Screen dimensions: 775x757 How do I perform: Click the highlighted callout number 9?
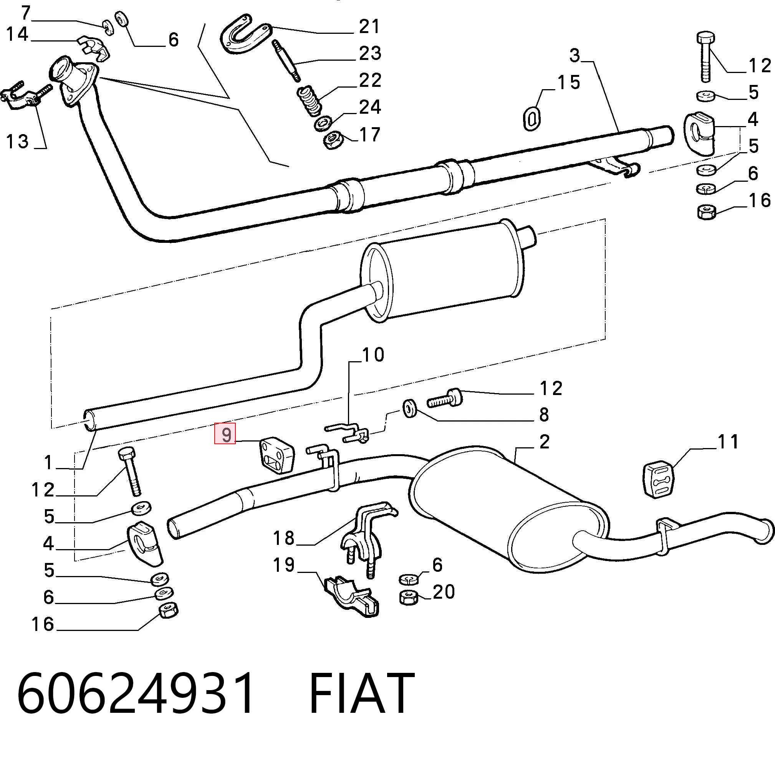pos(225,434)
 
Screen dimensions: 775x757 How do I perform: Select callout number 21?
pos(369,27)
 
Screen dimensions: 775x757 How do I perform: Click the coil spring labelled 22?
pos(310,101)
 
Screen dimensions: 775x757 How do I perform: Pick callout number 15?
pos(569,82)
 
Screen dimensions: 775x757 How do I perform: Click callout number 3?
pos(575,56)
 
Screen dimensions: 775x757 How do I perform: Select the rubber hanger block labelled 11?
pos(658,480)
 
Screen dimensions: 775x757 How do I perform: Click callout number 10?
pos(373,355)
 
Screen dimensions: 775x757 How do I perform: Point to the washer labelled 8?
pos(409,409)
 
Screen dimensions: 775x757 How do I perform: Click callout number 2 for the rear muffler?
pos(544,442)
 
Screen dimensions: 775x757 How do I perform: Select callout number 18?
pos(283,539)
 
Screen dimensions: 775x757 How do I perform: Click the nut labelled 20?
pos(408,598)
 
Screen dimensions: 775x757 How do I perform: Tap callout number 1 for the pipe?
pos(48,462)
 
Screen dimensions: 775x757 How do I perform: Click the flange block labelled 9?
pos(277,456)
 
